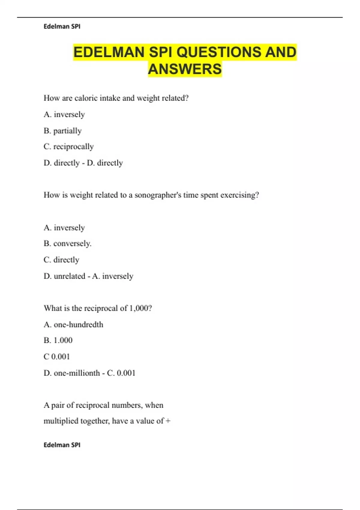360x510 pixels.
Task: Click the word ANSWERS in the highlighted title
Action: tap(185, 69)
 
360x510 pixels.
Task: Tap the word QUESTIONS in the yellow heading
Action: tap(218, 52)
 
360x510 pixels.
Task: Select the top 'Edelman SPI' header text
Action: tap(62, 26)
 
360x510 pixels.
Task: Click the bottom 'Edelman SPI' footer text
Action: tap(62, 445)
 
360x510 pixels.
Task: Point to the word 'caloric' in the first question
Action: tap(86, 98)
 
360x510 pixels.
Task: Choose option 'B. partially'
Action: tap(62, 131)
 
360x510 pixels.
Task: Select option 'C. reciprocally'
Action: tap(69, 147)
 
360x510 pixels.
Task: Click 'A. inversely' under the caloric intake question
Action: tap(64, 115)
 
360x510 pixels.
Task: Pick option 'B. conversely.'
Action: tap(67, 243)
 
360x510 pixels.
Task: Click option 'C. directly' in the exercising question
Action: tap(61, 260)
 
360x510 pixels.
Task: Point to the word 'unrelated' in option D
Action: tap(69, 276)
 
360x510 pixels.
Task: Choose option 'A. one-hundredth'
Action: tap(73, 325)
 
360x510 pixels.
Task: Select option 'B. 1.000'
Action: tap(58, 340)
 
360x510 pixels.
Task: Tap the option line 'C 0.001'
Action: tap(57, 357)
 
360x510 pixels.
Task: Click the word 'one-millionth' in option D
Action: tap(77, 373)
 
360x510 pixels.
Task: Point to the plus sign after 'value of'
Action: tap(168, 421)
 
